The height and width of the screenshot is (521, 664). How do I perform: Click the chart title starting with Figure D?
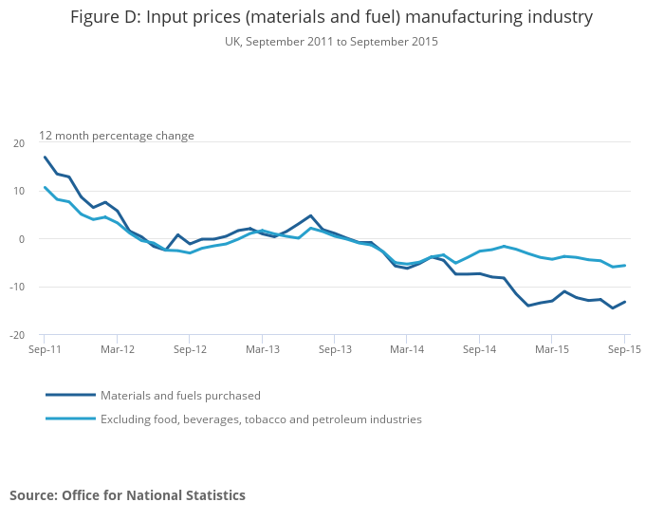pos(331,17)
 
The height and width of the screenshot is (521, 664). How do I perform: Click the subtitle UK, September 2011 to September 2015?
pos(331,42)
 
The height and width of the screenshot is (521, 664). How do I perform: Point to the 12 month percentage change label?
pos(117,136)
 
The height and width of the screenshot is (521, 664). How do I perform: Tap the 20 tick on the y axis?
pos(19,143)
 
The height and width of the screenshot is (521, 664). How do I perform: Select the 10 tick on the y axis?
pos(19,192)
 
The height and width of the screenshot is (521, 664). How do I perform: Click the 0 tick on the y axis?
pos(22,239)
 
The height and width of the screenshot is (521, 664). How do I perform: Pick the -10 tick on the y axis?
pos(18,288)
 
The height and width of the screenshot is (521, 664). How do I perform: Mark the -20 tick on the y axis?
pos(18,335)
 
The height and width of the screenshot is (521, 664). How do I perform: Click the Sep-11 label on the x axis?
pos(44,349)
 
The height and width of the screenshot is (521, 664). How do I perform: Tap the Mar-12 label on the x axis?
pos(117,349)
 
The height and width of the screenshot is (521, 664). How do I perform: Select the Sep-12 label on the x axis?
pos(190,349)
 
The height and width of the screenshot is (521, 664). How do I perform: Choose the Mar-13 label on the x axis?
pos(263,349)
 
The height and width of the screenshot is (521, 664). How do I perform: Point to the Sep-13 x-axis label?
pos(335,349)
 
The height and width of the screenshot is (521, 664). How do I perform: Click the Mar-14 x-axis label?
pos(407,349)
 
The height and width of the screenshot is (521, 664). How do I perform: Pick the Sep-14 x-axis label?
pos(480,349)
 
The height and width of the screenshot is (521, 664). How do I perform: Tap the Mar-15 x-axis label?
pos(552,349)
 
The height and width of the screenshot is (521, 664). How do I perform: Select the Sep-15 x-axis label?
pos(622,349)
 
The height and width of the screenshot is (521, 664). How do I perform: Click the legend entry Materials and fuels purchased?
pos(180,396)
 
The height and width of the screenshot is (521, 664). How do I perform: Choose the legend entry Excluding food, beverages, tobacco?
pos(261,419)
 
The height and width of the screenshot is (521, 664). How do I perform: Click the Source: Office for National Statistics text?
pos(127,495)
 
